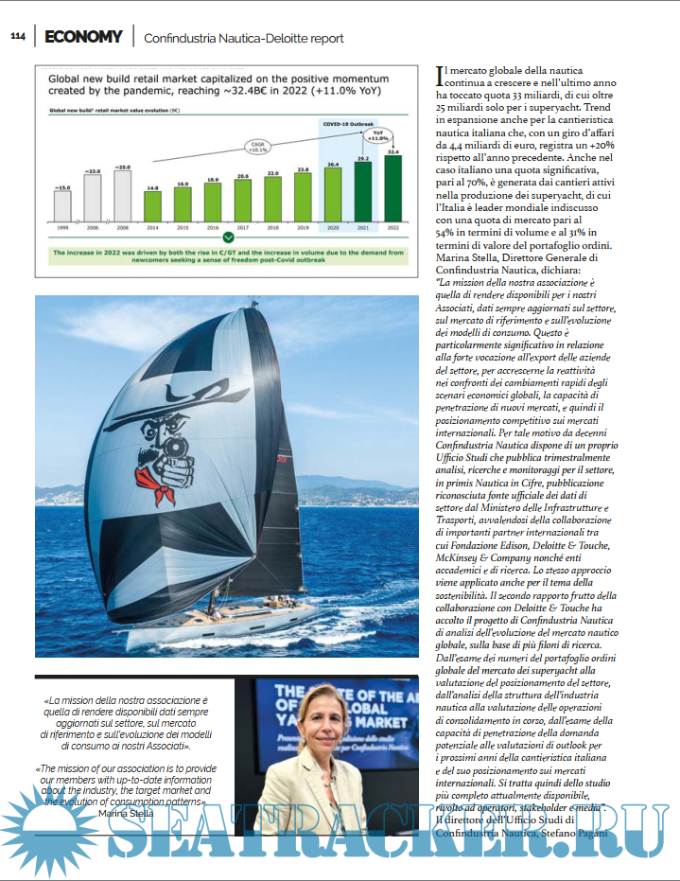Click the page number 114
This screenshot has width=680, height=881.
pyautogui.click(x=18, y=37)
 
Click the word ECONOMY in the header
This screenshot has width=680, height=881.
pyautogui.click(x=82, y=37)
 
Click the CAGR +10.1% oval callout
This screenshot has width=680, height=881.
pyautogui.click(x=256, y=146)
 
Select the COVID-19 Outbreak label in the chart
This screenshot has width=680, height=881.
pyautogui.click(x=349, y=123)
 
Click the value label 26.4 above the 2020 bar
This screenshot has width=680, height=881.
pyautogui.click(x=333, y=165)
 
